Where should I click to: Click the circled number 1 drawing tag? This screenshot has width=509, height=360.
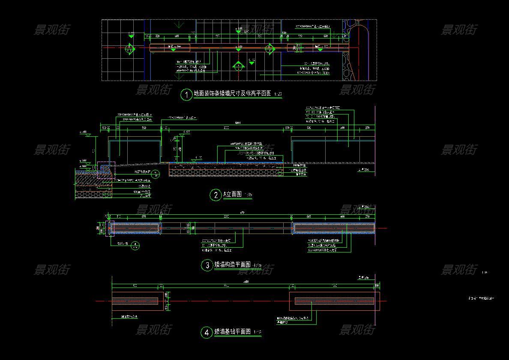(186, 94)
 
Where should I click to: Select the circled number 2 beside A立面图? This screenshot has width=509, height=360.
(216, 195)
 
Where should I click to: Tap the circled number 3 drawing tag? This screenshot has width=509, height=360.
(207, 265)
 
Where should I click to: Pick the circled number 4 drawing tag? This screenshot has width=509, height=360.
(207, 332)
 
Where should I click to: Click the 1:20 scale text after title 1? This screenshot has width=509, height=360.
(278, 94)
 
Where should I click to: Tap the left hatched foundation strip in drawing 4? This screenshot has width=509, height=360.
(135, 301)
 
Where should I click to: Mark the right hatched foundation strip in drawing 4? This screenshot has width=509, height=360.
(334, 301)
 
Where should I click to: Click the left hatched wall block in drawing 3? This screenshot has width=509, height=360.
(135, 228)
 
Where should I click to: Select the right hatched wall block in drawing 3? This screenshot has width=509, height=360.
(334, 228)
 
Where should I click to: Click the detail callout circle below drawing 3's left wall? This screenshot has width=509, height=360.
(135, 246)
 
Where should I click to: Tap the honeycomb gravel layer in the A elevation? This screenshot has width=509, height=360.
(226, 172)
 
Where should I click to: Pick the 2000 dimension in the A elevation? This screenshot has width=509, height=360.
(226, 128)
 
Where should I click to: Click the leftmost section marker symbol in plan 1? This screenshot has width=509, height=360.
(129, 50)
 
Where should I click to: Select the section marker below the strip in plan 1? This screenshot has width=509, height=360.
(238, 66)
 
